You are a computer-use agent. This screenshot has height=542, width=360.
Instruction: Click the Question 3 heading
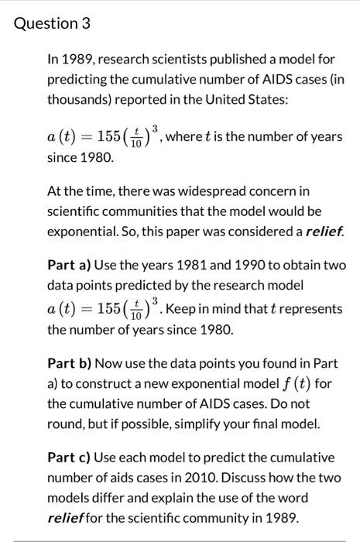(x=53, y=24)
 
